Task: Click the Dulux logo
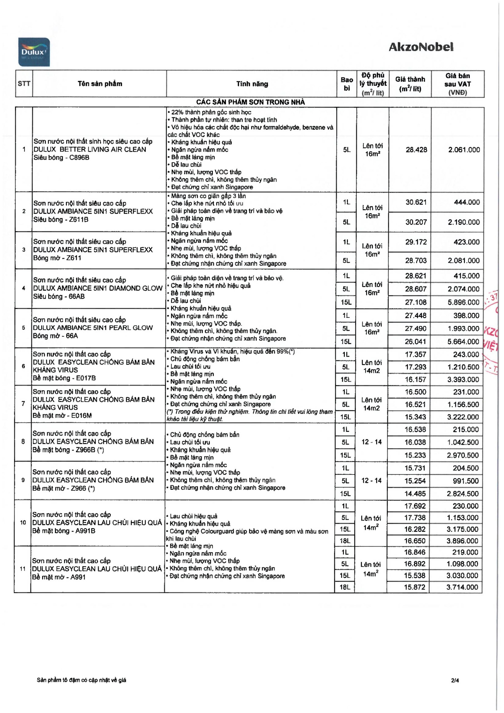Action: [x=34, y=52]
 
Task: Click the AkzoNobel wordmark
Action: [x=421, y=47]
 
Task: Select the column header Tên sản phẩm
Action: [x=100, y=84]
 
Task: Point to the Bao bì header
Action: [x=347, y=84]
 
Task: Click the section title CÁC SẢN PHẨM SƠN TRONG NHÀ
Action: [x=250, y=102]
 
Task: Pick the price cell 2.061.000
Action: [x=464, y=150]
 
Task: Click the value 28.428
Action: [x=416, y=150]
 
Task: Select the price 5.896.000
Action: [x=463, y=302]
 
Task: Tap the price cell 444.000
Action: [x=467, y=202]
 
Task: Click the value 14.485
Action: [x=415, y=494]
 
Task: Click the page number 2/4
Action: [x=455, y=680]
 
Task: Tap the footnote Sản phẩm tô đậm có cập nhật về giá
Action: [x=81, y=680]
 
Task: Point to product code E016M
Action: [x=81, y=416]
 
